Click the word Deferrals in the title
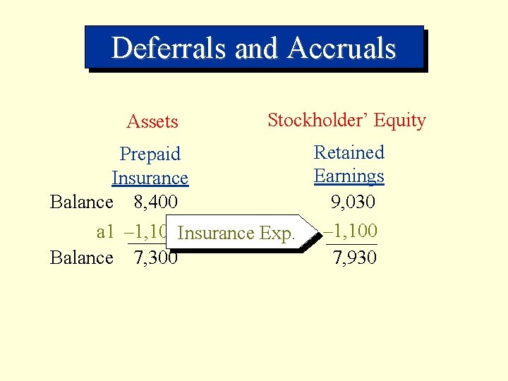[x=169, y=48]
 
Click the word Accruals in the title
[x=341, y=48]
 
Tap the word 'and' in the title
[x=258, y=48]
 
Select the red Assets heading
[x=152, y=122]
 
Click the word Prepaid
[x=150, y=154]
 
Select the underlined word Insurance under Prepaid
[x=150, y=178]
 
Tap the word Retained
[x=349, y=152]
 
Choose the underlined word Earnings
[x=349, y=176]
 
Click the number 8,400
[x=155, y=202]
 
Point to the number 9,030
[x=353, y=202]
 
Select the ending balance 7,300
[x=155, y=258]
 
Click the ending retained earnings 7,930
[x=354, y=258]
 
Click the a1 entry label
[x=105, y=231]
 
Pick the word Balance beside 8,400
[x=82, y=202]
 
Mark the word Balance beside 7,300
[x=82, y=258]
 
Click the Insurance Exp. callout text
[x=236, y=233]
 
